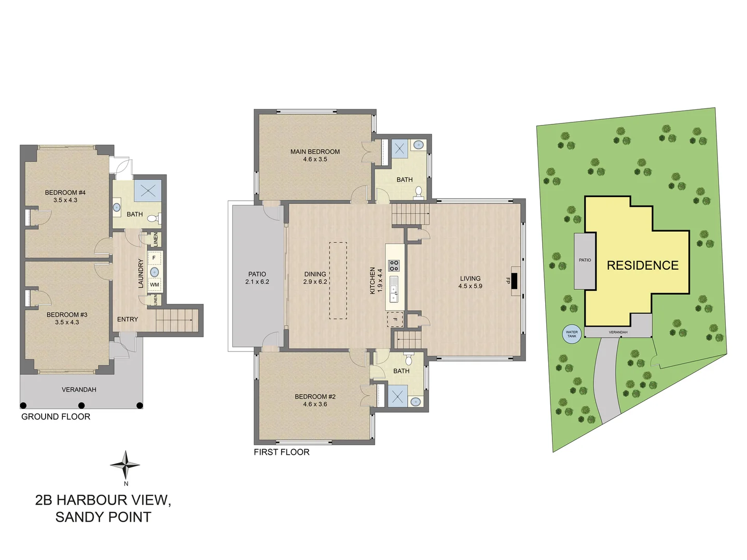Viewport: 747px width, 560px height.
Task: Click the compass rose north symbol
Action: [x=125, y=465]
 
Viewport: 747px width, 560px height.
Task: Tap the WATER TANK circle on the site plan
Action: [x=572, y=334]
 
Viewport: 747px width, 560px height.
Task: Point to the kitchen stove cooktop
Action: [x=394, y=266]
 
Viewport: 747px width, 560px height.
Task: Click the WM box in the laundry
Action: [x=155, y=285]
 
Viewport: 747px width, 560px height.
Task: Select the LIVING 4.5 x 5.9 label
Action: [x=470, y=282]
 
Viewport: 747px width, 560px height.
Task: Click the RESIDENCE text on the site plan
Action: [x=642, y=265]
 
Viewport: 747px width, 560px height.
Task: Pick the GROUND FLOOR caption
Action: [x=56, y=417]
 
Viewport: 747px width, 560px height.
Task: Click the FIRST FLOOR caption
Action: [x=281, y=452]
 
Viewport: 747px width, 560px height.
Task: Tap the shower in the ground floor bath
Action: [x=148, y=190]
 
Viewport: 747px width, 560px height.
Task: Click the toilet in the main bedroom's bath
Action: [x=419, y=193]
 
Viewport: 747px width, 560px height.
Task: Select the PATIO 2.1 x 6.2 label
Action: [x=257, y=278]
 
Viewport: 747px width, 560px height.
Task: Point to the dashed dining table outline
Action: [x=338, y=281]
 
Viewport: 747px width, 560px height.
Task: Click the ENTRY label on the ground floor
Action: [x=128, y=319]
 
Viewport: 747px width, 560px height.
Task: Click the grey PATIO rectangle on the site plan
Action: [x=585, y=261]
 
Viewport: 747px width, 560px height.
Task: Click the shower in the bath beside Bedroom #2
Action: [x=397, y=397]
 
